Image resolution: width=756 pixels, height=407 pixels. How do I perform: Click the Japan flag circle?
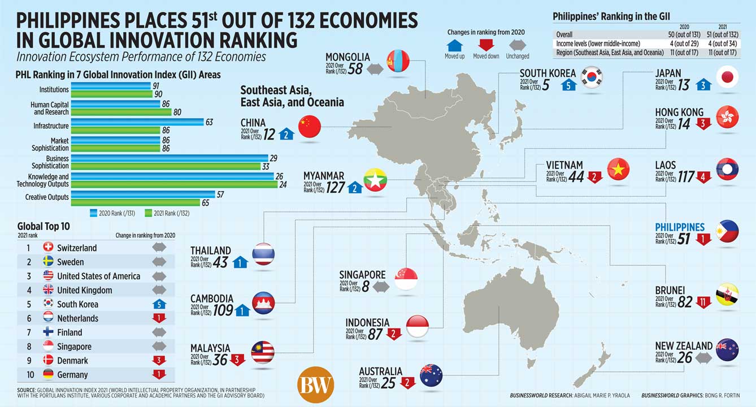pyautogui.click(x=727, y=77)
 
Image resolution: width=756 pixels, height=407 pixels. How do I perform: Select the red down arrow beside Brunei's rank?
pyautogui.click(x=703, y=302)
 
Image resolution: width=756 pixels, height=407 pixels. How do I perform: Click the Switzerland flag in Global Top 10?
pyautogui.click(x=48, y=248)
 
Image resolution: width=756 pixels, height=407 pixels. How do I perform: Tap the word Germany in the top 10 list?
pyautogui.click(x=72, y=375)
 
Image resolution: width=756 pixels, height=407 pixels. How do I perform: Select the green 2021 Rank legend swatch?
pyautogui.click(x=149, y=214)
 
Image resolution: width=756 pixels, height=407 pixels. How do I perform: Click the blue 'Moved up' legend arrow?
pyautogui.click(x=455, y=46)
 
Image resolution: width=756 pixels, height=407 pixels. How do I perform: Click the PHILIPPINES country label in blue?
pyautogui.click(x=680, y=227)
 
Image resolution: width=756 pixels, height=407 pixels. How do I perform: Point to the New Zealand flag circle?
pyautogui.click(x=727, y=350)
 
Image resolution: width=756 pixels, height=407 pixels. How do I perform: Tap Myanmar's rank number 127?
pyautogui.click(x=335, y=187)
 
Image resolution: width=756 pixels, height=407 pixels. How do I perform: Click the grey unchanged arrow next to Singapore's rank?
pyautogui.click(x=381, y=287)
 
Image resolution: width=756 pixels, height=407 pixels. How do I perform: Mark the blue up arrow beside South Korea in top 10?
pyautogui.click(x=159, y=304)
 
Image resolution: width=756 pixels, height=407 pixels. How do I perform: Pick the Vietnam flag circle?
pyautogui.click(x=618, y=169)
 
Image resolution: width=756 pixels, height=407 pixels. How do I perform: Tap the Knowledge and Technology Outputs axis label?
pyautogui.click(x=42, y=180)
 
